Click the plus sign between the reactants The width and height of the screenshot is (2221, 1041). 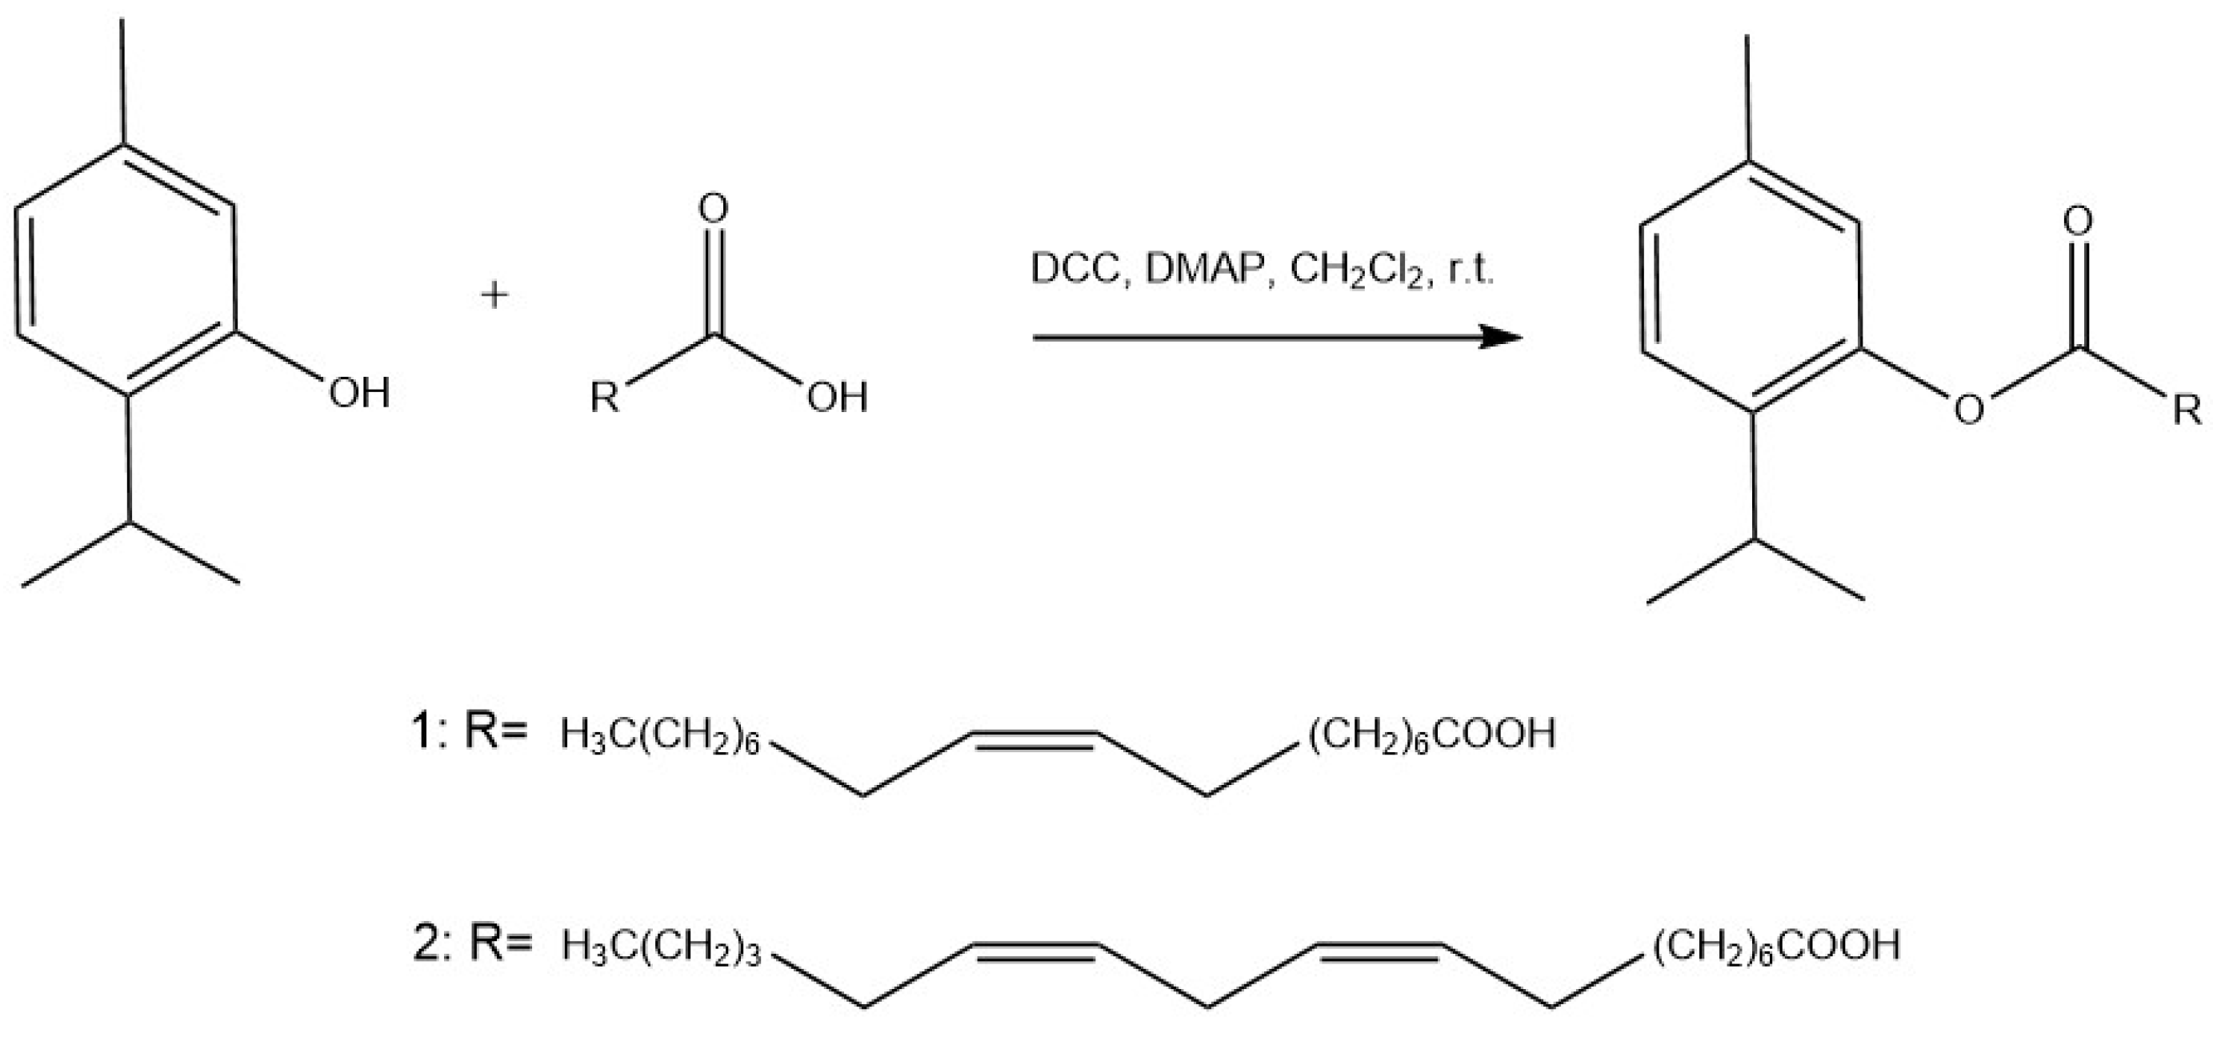[495, 296]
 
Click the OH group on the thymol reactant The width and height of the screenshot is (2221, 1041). [358, 394]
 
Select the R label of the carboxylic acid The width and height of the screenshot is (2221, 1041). [604, 398]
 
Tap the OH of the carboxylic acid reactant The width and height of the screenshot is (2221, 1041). [837, 398]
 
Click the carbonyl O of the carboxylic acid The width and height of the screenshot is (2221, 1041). [713, 208]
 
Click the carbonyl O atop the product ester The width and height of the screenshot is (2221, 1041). [2078, 222]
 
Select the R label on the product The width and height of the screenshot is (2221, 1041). [2187, 410]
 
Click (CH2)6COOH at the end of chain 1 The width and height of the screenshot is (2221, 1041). [1432, 734]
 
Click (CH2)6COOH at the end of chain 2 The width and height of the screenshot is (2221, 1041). [1777, 944]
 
